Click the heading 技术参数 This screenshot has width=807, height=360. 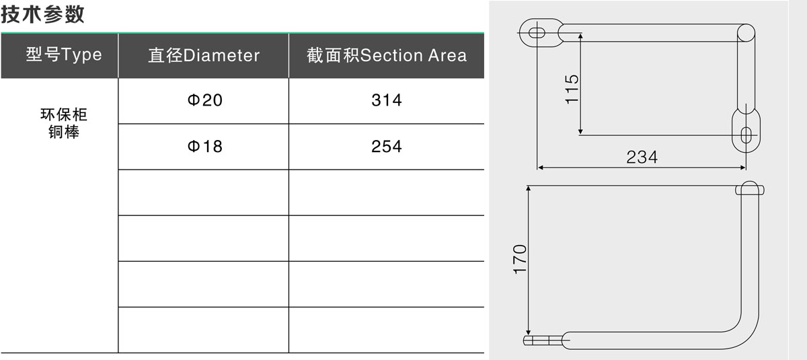point(42,14)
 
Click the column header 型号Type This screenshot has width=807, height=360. point(64,55)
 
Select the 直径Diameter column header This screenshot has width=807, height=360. point(204,55)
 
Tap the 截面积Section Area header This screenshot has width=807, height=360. point(387,55)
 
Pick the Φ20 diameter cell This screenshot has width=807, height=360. point(204,100)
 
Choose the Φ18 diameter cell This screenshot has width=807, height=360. point(204,146)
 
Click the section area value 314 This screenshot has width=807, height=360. point(387,100)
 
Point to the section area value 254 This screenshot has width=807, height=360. point(387,146)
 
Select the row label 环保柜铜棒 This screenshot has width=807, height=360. point(64,123)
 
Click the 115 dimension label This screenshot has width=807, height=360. point(572,89)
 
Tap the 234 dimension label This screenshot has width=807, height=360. point(642,157)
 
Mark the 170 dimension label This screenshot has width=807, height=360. point(520,259)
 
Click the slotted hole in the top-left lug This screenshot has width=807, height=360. point(537,33)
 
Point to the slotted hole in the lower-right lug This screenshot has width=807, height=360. point(746,135)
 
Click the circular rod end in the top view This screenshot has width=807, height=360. point(746,33)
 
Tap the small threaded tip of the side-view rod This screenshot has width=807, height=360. point(543,340)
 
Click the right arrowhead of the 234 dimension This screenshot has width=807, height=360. point(743,168)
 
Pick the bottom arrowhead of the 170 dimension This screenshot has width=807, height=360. point(528,332)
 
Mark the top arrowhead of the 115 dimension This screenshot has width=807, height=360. point(580,36)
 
